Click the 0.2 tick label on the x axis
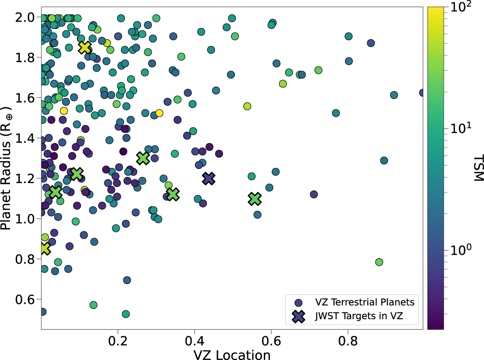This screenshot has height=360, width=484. click(x=118, y=341)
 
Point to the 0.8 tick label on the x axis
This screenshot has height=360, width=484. click(x=348, y=341)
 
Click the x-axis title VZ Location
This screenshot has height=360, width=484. click(x=231, y=354)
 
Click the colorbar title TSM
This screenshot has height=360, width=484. click(x=477, y=168)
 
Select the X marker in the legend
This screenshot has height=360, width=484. click(x=298, y=317)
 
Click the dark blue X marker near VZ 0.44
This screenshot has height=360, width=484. click(x=209, y=178)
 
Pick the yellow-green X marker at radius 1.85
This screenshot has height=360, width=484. click(x=85, y=47)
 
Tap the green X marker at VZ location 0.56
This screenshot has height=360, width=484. click(x=255, y=199)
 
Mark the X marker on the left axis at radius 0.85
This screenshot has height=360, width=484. click(x=45, y=248)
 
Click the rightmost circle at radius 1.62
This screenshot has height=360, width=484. click(x=422, y=93)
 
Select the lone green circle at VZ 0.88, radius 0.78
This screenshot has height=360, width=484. click(x=379, y=262)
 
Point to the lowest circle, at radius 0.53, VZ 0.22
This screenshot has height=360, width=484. click(x=126, y=314)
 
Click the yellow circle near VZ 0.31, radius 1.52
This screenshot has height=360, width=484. click(x=159, y=113)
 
